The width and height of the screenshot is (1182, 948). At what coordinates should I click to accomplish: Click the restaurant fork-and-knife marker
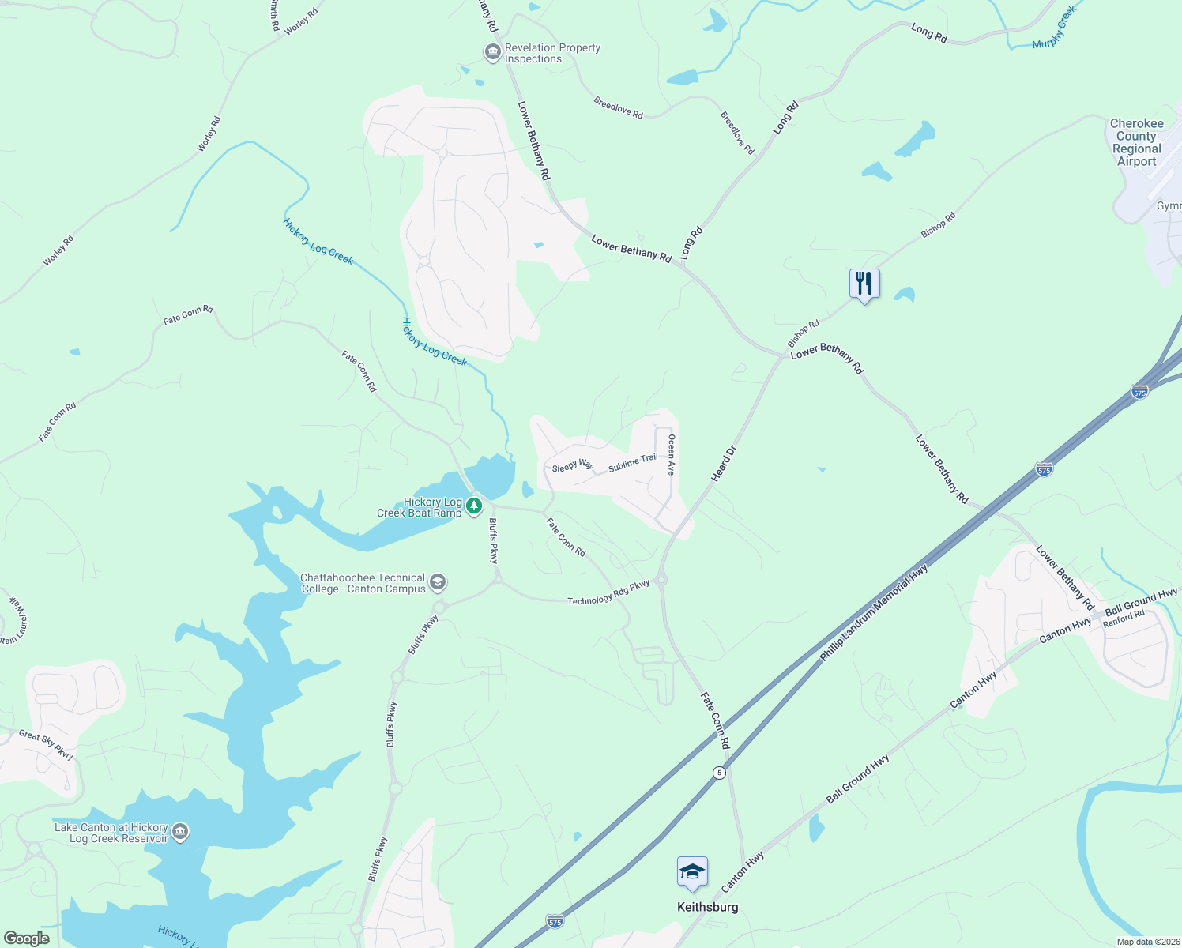click(864, 284)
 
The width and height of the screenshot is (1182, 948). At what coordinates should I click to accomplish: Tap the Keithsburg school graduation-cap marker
click(692, 872)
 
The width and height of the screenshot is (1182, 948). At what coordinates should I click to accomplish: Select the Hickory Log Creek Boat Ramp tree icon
click(474, 505)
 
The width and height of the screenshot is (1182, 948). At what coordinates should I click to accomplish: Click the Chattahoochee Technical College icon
click(438, 583)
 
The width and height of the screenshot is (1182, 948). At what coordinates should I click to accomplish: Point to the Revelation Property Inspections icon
click(492, 53)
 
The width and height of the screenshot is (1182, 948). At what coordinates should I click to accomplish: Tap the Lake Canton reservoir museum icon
click(180, 832)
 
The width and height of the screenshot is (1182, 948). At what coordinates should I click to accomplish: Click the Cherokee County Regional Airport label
click(1136, 142)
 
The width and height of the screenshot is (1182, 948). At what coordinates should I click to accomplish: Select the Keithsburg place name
click(707, 907)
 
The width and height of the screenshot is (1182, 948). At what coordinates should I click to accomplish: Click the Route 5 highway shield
click(718, 773)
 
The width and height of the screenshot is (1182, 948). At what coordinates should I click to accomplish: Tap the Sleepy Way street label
click(572, 466)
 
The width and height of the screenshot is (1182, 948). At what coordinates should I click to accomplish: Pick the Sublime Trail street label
click(633, 463)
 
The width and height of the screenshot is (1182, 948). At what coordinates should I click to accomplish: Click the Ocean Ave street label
click(672, 454)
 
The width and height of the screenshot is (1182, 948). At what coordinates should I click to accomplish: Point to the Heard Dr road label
click(723, 464)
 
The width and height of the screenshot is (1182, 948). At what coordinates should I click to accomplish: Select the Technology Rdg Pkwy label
click(608, 593)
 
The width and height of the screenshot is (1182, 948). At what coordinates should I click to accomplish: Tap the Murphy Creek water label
click(1055, 28)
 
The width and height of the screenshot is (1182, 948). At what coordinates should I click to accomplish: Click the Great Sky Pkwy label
click(47, 744)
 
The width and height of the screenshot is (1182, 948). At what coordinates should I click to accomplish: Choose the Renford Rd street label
click(1124, 618)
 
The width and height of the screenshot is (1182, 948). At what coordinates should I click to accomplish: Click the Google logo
click(26, 939)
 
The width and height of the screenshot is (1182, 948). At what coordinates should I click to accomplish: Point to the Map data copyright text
click(1147, 942)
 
